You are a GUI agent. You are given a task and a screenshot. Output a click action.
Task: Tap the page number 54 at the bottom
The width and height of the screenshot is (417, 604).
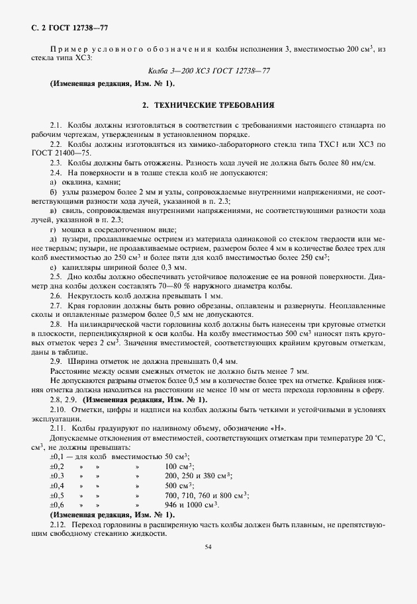coord(208,547)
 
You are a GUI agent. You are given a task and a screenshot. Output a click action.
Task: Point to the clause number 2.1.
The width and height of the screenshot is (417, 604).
coord(56,125)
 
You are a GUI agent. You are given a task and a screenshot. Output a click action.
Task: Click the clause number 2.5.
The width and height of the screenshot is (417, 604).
coord(56,277)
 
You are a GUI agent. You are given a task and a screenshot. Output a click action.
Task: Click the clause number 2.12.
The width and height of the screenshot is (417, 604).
coord(58,524)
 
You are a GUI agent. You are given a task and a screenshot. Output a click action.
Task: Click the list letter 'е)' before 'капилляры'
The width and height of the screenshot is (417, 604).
coord(53,267)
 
